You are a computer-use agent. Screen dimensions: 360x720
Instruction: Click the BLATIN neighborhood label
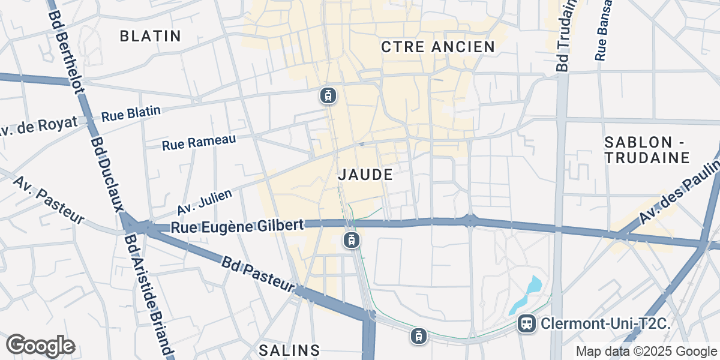tap(150, 36)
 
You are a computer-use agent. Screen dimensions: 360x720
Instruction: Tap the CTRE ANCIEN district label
tap(438, 47)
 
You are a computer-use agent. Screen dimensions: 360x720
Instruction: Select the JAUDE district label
tap(365, 175)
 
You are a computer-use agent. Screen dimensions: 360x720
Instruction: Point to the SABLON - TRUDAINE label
tap(647, 150)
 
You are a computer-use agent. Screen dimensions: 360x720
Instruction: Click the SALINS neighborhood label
tap(289, 350)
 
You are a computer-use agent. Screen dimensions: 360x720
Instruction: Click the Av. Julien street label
tap(205, 200)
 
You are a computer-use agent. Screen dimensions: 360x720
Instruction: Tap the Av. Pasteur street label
tap(48, 200)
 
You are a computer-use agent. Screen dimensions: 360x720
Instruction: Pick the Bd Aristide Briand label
tap(148, 294)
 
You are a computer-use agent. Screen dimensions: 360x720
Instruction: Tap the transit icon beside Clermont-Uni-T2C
tap(526, 324)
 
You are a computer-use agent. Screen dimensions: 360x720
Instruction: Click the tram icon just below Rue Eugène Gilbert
tap(352, 241)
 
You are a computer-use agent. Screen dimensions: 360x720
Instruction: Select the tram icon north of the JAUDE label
tap(327, 95)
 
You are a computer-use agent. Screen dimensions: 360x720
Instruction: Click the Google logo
tap(41, 346)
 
